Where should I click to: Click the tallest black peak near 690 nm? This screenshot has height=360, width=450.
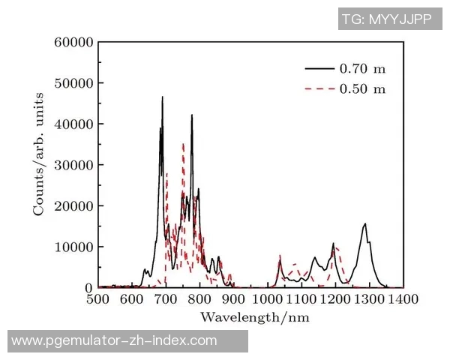pyautogui.click(x=162, y=97)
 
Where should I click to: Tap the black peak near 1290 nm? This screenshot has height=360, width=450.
pyautogui.click(x=365, y=224)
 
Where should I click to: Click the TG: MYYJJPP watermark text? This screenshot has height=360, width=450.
pyautogui.click(x=386, y=20)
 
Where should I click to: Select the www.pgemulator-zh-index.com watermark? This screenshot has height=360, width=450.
pyautogui.click(x=114, y=341)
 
